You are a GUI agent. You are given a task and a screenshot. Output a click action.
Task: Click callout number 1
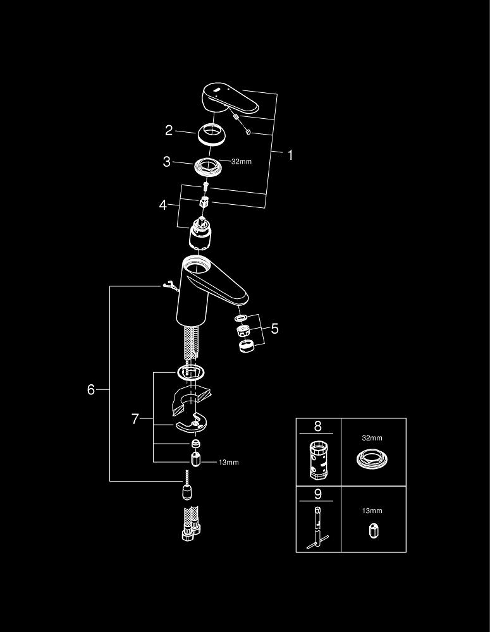[290, 155]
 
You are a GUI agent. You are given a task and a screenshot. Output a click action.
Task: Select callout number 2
[169, 131]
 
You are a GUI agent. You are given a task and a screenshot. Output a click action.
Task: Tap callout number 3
[167, 162]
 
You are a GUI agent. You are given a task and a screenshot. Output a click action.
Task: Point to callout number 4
[163, 205]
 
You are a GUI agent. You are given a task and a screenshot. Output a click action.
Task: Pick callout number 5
[274, 328]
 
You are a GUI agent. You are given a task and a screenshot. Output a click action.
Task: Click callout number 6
[91, 390]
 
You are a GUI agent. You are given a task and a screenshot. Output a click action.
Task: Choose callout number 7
[135, 419]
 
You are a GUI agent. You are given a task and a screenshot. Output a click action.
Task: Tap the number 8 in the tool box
[319, 426]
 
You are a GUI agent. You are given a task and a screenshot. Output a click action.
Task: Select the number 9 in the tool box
[319, 494]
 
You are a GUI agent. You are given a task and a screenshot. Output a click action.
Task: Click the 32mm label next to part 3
[242, 162]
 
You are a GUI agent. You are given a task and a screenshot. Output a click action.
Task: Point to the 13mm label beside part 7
[229, 463]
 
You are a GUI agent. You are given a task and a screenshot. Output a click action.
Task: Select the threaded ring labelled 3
[208, 166]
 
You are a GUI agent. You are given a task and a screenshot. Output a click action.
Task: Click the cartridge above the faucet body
[200, 234]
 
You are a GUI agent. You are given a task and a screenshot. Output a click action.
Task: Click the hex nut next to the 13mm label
[196, 460]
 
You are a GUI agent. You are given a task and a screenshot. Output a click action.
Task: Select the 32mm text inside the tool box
[372, 438]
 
